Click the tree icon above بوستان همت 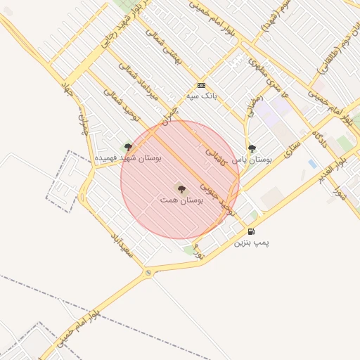tap(181, 188)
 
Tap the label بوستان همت tap(181, 200)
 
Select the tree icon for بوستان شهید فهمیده tap(128, 147)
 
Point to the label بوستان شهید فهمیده tap(128, 158)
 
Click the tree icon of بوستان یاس tap(252, 148)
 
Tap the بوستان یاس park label tap(252, 160)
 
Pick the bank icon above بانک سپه tap(201, 85)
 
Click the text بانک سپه tap(201, 96)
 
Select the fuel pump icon tap(251, 231)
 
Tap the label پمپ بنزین tap(251, 243)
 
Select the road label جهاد tap(68, 91)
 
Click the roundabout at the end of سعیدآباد tap(148, 273)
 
